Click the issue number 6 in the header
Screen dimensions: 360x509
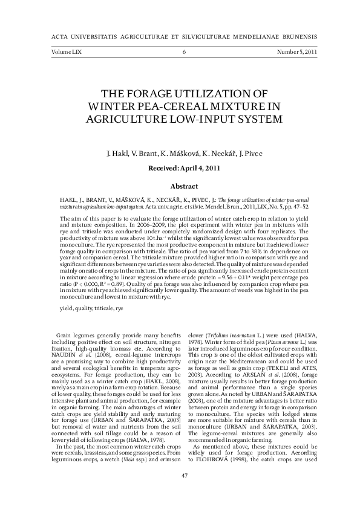[183, 53]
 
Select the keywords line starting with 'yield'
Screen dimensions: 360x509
[91, 291]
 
